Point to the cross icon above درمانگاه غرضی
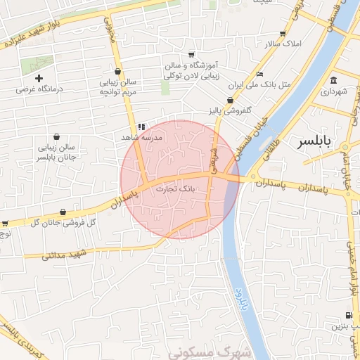[x=39, y=78]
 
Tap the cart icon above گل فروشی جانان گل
[x=63, y=212]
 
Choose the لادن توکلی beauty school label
[x=191, y=68]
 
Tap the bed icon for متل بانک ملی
[x=259, y=74]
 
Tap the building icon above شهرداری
[x=333, y=79]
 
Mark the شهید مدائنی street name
[x=63, y=254]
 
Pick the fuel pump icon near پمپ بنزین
[x=349, y=315]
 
